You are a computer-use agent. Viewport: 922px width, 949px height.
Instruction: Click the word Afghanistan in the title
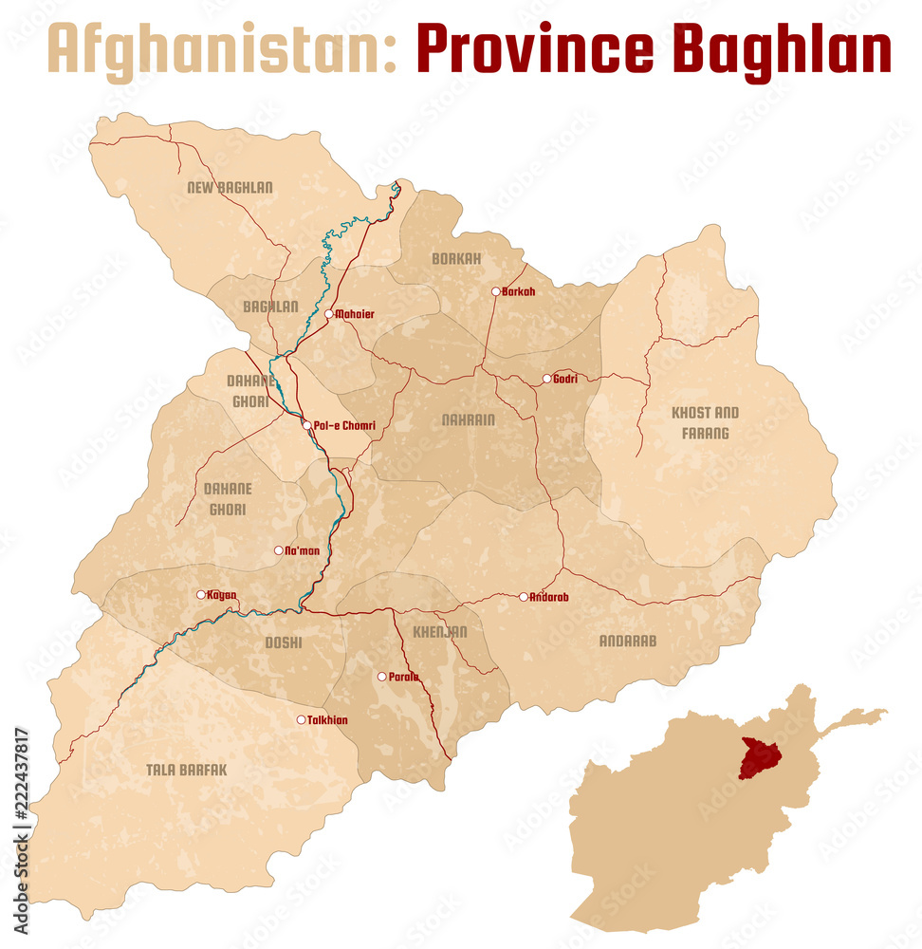pos(221,49)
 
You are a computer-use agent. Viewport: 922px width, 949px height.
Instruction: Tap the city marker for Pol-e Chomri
pos(306,425)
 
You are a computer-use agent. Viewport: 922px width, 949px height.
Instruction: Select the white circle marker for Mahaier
pos(329,313)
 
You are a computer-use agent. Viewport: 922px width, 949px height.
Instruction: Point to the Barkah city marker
pos(495,291)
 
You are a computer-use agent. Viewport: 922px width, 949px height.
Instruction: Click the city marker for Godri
pos(546,379)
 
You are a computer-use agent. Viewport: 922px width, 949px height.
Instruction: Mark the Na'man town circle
pos(278,550)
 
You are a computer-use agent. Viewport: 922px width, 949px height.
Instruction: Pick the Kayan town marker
pos(200,595)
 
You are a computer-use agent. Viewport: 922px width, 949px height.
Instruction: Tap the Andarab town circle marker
pos(523,597)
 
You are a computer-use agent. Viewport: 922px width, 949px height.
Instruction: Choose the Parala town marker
pos(381,677)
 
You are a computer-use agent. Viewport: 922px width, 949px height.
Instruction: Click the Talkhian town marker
pos(301,719)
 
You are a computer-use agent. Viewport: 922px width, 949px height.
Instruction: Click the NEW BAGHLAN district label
pos(230,188)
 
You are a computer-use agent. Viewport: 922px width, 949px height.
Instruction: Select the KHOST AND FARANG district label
pos(705,423)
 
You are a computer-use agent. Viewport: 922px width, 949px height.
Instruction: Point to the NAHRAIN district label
pos(468,419)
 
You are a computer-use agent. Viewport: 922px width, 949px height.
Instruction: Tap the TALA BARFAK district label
pos(187,770)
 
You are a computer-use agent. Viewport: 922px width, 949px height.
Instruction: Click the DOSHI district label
pos(283,642)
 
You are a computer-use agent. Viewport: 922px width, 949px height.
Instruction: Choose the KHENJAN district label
pos(439,631)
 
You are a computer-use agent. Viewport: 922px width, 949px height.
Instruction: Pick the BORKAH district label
pos(456,258)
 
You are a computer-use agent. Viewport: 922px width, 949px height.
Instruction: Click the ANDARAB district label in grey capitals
pos(627,641)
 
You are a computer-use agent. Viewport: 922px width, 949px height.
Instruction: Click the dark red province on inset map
pos(759,758)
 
